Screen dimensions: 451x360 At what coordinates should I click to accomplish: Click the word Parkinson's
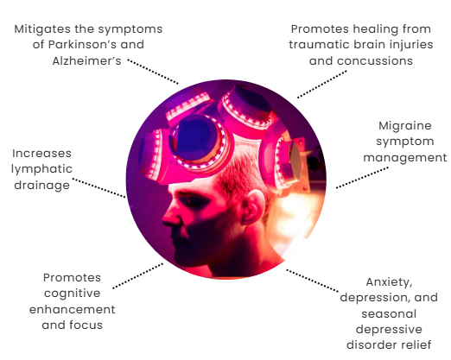tap(81, 45)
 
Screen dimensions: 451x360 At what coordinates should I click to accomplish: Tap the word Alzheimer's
tap(86, 60)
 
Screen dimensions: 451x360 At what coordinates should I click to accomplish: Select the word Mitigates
tap(42, 29)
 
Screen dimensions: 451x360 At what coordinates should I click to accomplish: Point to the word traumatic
tap(320, 45)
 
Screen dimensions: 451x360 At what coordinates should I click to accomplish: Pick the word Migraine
tap(405, 126)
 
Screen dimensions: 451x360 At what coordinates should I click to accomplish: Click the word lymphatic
tap(41, 169)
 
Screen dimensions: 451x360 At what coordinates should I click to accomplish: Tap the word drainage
tap(41, 185)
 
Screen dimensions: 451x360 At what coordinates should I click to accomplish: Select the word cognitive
tap(73, 294)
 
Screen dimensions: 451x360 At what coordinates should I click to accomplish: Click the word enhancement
tap(73, 309)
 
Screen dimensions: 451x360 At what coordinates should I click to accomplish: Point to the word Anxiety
tap(389, 282)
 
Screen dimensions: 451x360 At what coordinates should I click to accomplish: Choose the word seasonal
tap(389, 313)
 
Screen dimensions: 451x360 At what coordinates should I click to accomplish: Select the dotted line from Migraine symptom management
tap(362, 178)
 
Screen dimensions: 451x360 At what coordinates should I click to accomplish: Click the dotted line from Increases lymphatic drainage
tap(98, 187)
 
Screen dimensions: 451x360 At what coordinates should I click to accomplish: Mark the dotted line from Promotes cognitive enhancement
tap(137, 275)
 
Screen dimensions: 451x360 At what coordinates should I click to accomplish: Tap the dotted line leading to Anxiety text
tap(312, 281)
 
